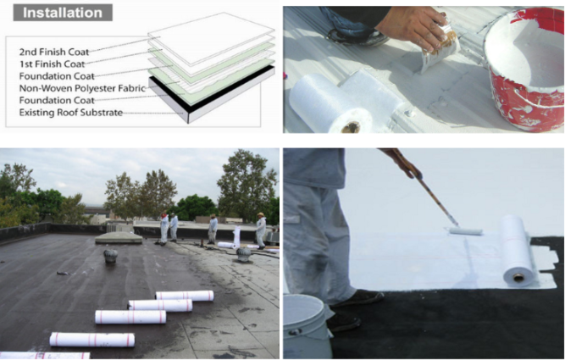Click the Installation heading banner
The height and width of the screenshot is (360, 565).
tap(63, 13)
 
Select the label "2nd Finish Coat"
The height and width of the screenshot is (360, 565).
tap(54, 52)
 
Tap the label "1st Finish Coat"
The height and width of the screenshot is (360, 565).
tap(53, 64)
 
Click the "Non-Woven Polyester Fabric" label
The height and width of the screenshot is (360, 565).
tap(82, 88)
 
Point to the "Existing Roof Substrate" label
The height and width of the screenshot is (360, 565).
tap(71, 113)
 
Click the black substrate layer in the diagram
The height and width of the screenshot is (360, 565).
tap(213, 87)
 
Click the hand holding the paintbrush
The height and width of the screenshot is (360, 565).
tap(414, 27)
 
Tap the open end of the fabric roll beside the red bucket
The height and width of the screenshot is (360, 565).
tap(351, 127)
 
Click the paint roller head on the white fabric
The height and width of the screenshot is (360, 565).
tap(466, 231)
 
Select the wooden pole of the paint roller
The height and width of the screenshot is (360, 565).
tap(427, 187)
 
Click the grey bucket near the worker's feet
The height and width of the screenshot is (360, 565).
tap(307, 326)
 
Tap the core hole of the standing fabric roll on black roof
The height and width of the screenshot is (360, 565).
tap(518, 278)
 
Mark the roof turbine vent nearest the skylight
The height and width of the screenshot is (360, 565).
tap(111, 256)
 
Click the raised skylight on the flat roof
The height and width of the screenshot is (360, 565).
tap(119, 238)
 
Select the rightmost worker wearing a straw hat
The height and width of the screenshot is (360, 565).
tap(261, 230)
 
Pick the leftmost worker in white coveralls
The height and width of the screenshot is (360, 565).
tap(164, 228)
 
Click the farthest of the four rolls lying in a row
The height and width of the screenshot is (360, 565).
tap(185, 296)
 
